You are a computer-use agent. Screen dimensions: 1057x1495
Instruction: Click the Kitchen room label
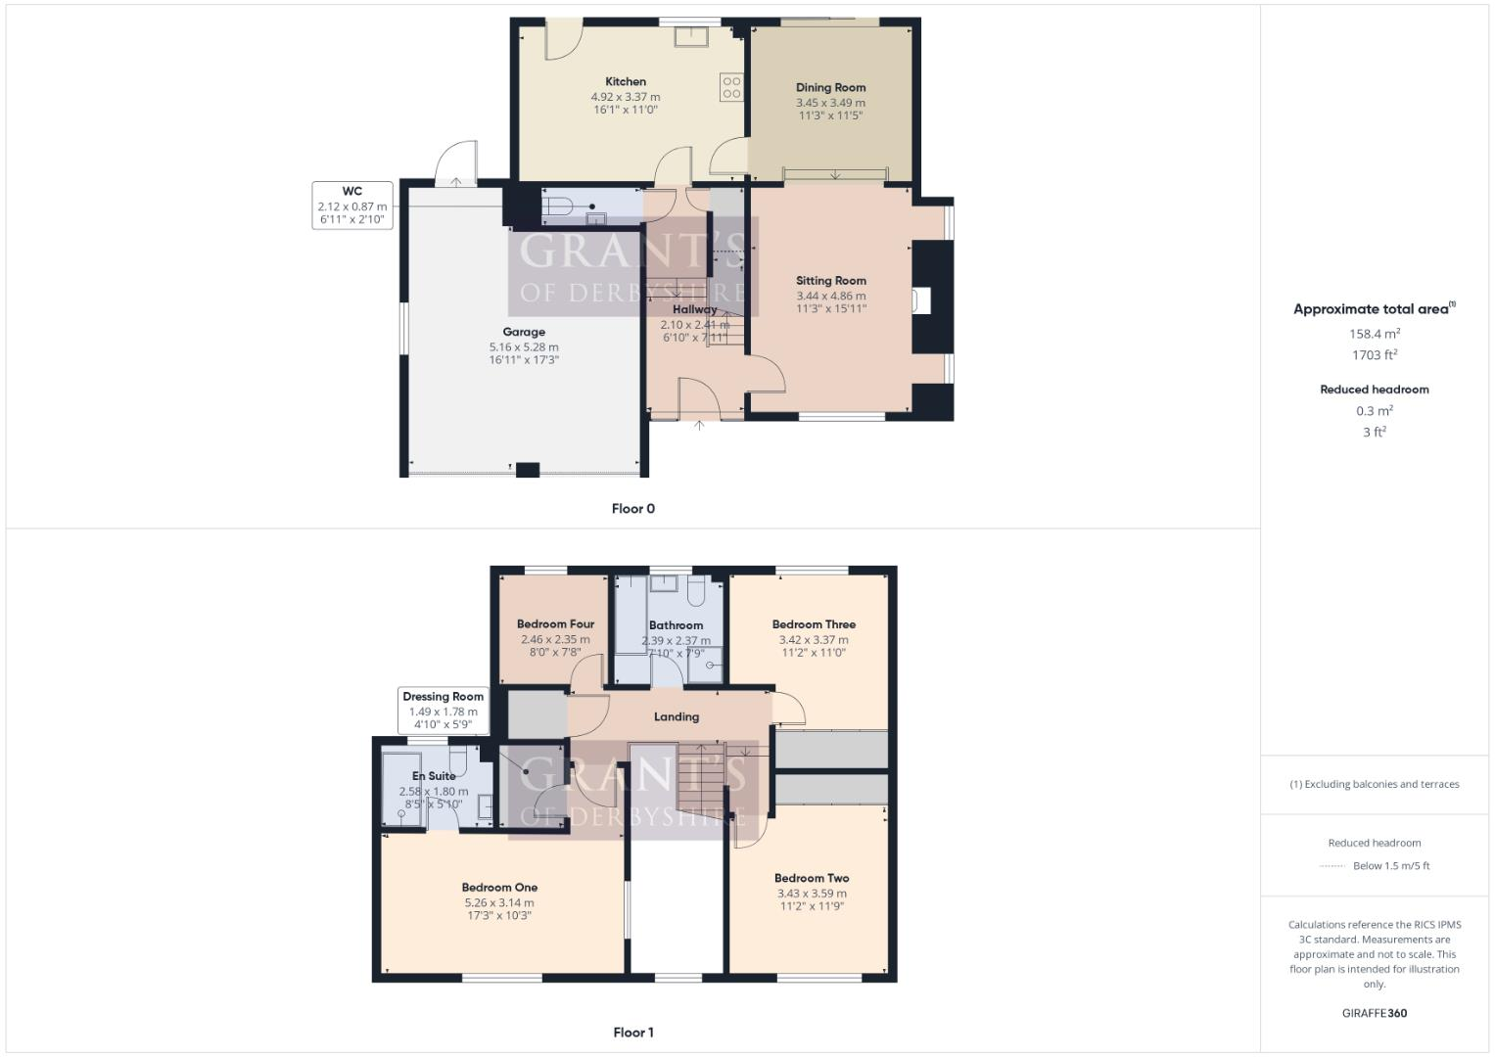coord(626,82)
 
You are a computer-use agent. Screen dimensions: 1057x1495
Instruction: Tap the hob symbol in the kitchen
coord(731,87)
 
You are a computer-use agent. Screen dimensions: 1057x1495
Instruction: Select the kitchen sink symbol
coord(693,36)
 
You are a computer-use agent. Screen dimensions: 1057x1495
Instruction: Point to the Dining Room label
coord(830,88)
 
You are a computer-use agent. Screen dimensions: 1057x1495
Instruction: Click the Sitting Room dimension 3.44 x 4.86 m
coord(830,296)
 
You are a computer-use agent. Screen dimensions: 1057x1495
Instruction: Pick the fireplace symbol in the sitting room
coord(921,300)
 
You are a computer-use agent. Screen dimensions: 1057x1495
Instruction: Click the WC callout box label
coord(352,192)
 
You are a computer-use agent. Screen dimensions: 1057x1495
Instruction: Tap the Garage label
coord(524,332)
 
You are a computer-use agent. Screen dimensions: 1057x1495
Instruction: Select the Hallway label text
coord(694,309)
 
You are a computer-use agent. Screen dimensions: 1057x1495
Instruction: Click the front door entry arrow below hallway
coord(699,426)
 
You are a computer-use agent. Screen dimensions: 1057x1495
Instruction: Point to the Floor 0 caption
coord(633,509)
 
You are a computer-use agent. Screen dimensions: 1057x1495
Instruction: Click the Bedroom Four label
coord(555,624)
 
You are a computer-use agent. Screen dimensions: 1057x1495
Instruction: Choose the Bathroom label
coord(676,625)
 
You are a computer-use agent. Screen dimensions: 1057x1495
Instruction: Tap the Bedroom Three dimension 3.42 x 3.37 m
coord(814,640)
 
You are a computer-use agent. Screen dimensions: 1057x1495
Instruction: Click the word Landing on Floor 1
coord(677,717)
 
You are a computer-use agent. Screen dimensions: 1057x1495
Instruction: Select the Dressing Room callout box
coord(443,711)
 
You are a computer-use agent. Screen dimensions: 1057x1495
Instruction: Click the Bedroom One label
coord(499,888)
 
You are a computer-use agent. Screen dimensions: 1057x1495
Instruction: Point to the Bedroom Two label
coord(812,879)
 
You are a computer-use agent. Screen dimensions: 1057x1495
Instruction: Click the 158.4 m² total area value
coord(1374,334)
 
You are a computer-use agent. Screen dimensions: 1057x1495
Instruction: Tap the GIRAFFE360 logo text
coord(1374,1014)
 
